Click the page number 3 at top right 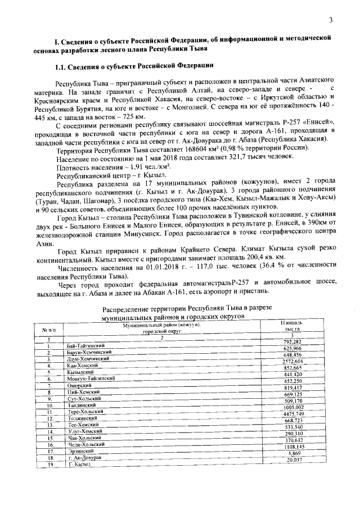pyautogui.click(x=331, y=20)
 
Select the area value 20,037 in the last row pyautogui.click(x=294, y=460)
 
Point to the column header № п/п pyautogui.click(x=49, y=327)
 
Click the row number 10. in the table pyautogui.click(x=50, y=405)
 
